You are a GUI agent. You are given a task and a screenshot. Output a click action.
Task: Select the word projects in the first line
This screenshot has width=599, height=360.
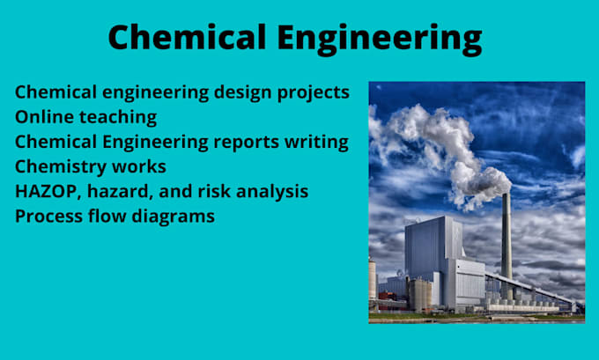click(x=308, y=92)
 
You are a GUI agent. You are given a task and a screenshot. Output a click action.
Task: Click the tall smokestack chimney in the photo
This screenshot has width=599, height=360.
click(x=506, y=238)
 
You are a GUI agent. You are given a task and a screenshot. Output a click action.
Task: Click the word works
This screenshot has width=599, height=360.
click(x=141, y=166)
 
